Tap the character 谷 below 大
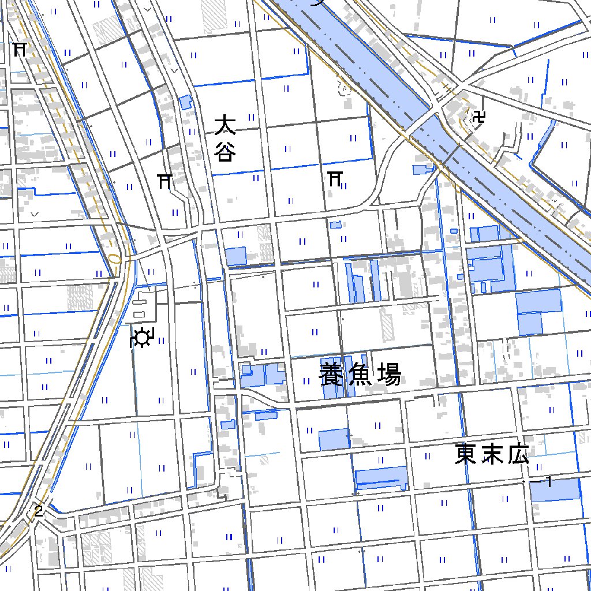coord(226,152)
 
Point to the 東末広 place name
coord(492,454)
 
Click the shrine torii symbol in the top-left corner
coord(20,49)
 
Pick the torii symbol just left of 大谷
coord(165,182)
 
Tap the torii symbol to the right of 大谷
coord(335,178)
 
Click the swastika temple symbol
coord(478,119)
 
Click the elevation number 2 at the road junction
coord(39,510)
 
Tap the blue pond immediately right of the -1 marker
coord(555,490)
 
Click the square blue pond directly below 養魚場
coord(334,439)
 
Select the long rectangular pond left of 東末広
coord(381,478)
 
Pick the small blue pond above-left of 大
coord(185,103)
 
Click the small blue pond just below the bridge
coord(422,169)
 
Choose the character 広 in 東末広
coord(518,454)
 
